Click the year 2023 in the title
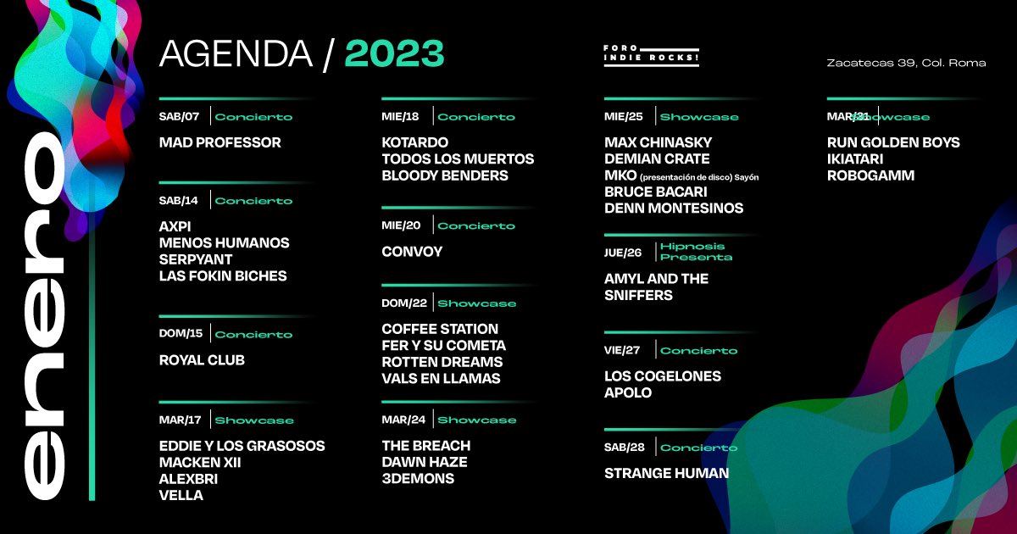pos(394,53)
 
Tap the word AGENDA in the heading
pos(236,53)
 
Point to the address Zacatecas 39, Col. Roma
pos(906,63)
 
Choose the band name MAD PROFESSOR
pos(220,142)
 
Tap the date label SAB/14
pos(178,201)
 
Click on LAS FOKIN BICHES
pos(223,275)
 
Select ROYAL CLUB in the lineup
pos(202,360)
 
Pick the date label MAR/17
pos(179,420)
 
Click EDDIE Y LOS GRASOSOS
pos(242,446)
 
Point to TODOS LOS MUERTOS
pos(458,159)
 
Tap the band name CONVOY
pos(412,252)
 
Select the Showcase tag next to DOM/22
pos(476,303)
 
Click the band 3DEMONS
pos(418,479)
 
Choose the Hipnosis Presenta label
pos(696,252)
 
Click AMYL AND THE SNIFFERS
pos(656,286)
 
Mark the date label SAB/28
pos(623,447)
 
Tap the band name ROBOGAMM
pos(870,175)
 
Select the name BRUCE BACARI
pos(655,192)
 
